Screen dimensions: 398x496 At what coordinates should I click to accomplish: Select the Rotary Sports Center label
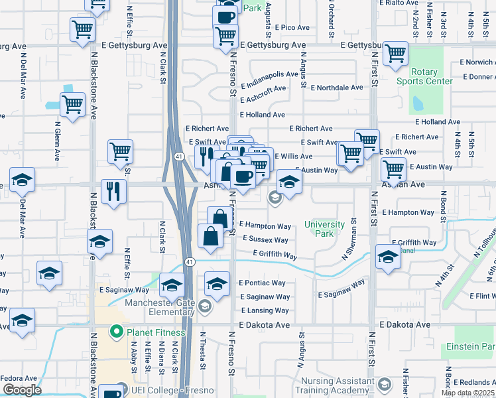point(424,76)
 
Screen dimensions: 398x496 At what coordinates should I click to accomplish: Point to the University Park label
point(324,229)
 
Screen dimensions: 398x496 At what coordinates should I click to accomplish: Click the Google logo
point(22,390)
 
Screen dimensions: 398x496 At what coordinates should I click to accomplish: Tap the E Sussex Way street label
point(265,239)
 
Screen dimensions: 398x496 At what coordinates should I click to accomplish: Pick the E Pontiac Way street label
point(262,283)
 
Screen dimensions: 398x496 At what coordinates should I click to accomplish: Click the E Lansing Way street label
point(265,310)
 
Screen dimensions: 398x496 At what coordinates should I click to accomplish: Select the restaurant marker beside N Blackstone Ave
point(113,191)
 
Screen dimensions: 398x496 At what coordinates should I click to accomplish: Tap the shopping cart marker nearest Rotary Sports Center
point(396,54)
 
